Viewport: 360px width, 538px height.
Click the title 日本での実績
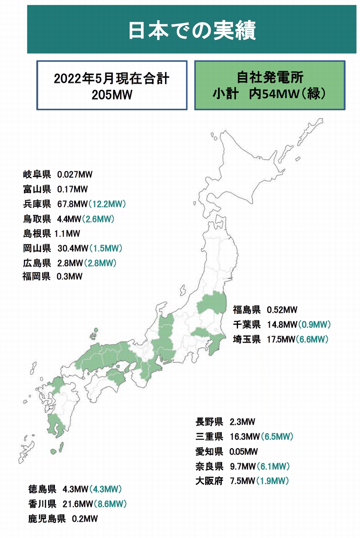pyautogui.click(x=192, y=30)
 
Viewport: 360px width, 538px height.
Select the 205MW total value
pyautogui.click(x=112, y=95)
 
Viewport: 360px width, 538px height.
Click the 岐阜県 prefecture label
pyautogui.click(x=37, y=175)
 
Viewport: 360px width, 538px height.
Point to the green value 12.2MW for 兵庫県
pyautogui.click(x=107, y=204)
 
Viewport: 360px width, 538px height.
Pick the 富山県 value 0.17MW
pyautogui.click(x=72, y=189)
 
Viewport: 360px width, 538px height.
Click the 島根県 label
pyautogui.click(x=37, y=234)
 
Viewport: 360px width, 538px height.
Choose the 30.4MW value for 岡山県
pyautogui.click(x=73, y=248)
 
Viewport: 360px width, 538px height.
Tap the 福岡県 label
pyautogui.click(x=36, y=276)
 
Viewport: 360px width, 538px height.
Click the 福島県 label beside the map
pyautogui.click(x=247, y=310)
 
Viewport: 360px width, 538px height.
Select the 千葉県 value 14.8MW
pyautogui.click(x=282, y=325)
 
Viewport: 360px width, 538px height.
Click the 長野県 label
pyautogui.click(x=209, y=422)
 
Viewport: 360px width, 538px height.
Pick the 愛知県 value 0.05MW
pyautogui.click(x=243, y=452)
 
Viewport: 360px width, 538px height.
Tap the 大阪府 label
pyautogui.click(x=209, y=481)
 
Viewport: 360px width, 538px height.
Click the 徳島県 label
pyautogui.click(x=42, y=489)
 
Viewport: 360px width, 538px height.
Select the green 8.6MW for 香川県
pyautogui.click(x=110, y=504)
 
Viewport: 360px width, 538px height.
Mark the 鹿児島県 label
pyautogui.click(x=47, y=519)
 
